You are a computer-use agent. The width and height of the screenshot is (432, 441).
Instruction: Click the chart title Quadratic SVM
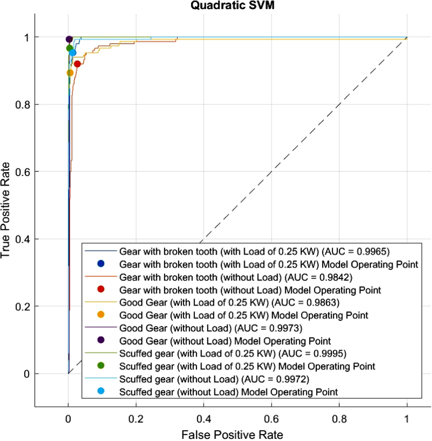click(232, 5)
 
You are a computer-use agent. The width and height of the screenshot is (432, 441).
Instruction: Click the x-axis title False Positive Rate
click(232, 435)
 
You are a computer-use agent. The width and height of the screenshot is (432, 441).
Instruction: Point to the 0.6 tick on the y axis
click(23, 172)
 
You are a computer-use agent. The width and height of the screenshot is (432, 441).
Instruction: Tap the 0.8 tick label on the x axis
click(339, 419)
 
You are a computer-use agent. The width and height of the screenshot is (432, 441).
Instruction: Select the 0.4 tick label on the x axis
click(204, 419)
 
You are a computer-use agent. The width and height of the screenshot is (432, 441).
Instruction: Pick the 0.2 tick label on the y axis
click(23, 307)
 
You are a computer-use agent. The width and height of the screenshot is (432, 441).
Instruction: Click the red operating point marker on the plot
click(77, 64)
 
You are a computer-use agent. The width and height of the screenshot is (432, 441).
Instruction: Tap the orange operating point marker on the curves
click(70, 73)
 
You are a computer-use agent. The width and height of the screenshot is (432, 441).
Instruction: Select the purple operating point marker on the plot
click(69, 40)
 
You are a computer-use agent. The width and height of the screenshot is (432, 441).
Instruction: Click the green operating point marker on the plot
click(70, 48)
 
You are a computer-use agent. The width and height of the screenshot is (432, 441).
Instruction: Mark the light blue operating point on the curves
click(73, 53)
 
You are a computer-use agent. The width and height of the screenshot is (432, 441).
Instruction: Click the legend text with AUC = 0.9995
click(233, 354)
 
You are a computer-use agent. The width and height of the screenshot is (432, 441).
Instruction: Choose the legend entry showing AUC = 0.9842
click(236, 277)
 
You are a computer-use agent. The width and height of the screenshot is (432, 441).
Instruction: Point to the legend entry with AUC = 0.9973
click(211, 328)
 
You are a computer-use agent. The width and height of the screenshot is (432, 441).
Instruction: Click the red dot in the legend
click(101, 289)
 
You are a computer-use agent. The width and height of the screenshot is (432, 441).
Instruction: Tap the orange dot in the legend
click(101, 315)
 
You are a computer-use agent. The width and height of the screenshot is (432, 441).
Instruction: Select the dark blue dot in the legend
click(101, 264)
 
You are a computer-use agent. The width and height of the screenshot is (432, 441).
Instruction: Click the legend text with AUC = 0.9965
click(254, 252)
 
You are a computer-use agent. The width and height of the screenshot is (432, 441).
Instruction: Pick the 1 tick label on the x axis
click(406, 419)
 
